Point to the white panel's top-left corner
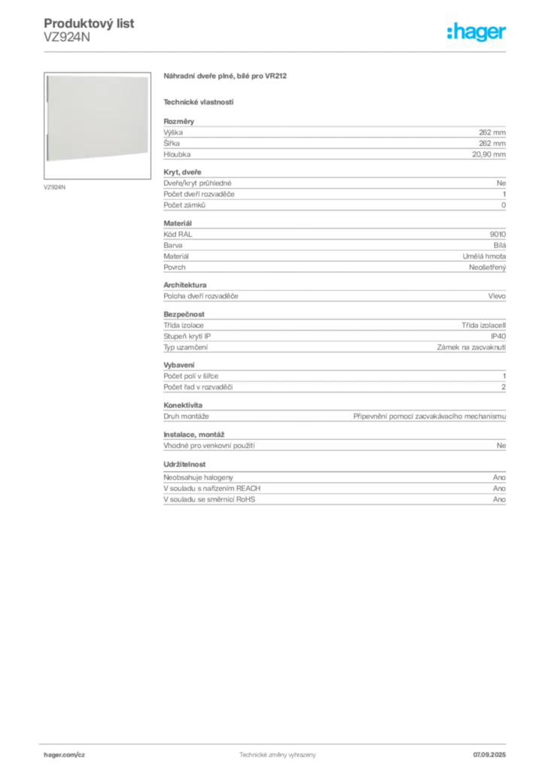(46, 74)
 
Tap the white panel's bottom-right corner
(148, 159)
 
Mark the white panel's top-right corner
(148, 74)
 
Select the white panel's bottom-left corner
(46, 159)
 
